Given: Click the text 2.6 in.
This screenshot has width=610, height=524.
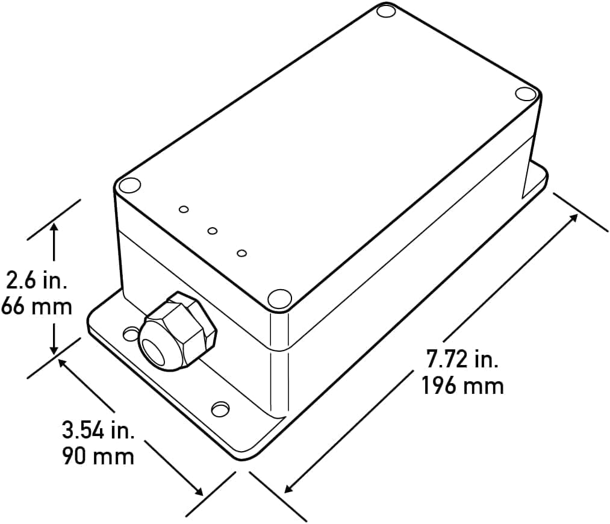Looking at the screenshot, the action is click(37, 280).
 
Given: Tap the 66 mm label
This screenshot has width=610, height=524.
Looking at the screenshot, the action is click(37, 307).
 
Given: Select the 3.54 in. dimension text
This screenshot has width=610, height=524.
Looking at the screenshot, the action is click(98, 430).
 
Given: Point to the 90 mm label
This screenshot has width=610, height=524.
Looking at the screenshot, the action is click(98, 456).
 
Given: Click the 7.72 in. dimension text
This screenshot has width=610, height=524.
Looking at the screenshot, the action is click(462, 359).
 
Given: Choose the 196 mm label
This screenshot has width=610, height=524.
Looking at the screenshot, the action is click(462, 385).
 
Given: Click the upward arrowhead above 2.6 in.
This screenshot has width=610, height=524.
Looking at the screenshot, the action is click(54, 228).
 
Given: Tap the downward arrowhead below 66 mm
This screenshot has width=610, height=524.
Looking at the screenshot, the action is click(54, 349).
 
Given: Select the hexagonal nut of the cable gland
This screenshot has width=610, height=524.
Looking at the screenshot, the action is click(177, 331).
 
